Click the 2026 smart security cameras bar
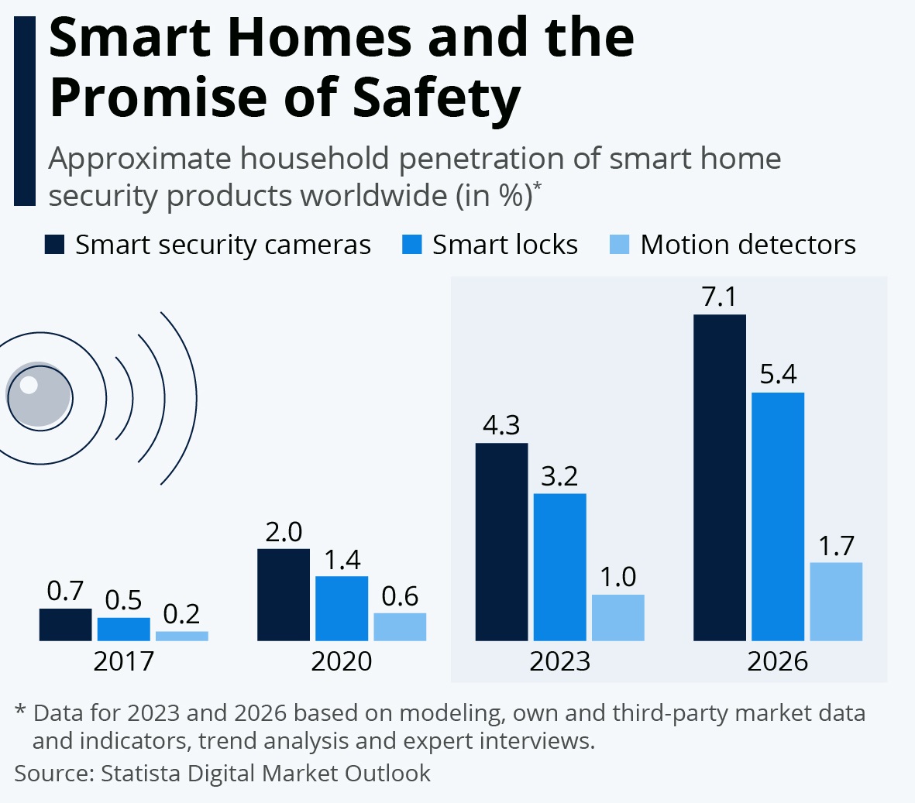(x=720, y=478)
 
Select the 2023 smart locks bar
(x=560, y=567)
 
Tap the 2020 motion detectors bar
(x=400, y=627)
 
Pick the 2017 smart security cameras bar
(x=65, y=625)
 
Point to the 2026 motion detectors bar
(x=836, y=602)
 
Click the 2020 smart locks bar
(x=342, y=609)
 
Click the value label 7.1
(x=719, y=297)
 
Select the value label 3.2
(x=559, y=476)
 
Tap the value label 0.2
(x=182, y=614)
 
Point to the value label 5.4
(x=778, y=375)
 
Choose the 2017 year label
(x=124, y=661)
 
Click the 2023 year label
(x=560, y=661)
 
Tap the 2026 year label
(x=778, y=661)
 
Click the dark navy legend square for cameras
(x=54, y=245)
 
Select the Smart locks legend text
(x=505, y=245)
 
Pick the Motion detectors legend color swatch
(x=620, y=245)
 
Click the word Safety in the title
(x=436, y=98)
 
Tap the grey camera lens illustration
(x=39, y=396)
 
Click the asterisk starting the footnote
(x=21, y=711)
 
